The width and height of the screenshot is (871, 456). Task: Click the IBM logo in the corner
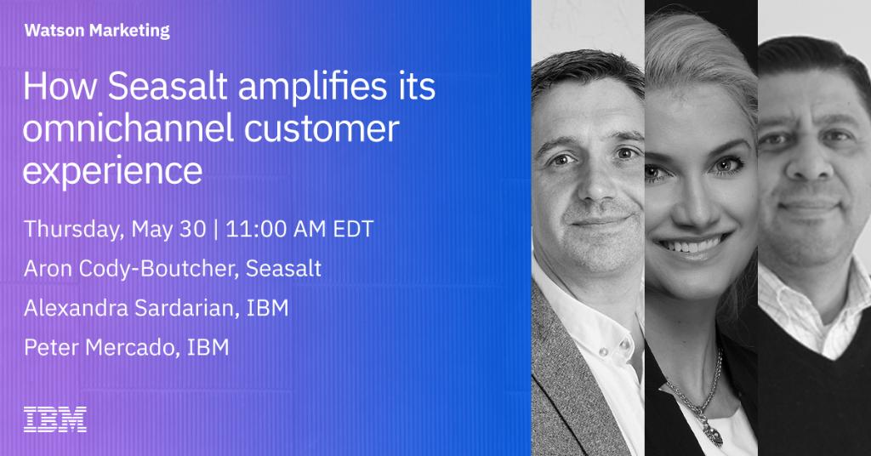[x=54, y=419]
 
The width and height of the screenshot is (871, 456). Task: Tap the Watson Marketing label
[x=97, y=31]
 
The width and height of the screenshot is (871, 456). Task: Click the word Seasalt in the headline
[x=167, y=89]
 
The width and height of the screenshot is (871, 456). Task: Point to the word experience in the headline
[x=113, y=170]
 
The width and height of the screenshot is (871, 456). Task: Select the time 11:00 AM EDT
[x=301, y=230]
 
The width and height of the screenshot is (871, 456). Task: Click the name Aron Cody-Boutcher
[x=133, y=270]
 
